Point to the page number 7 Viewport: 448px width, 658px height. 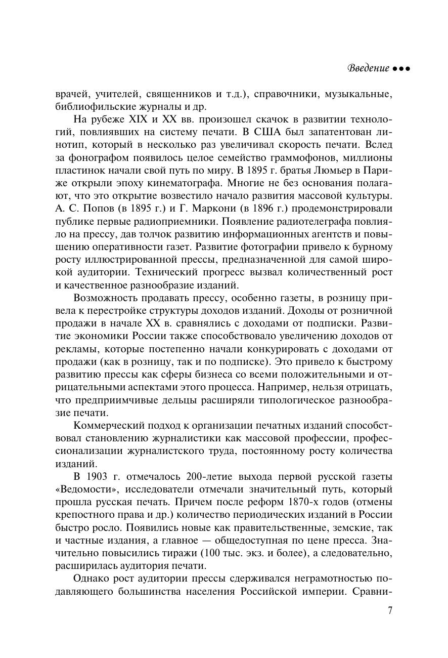point(390,610)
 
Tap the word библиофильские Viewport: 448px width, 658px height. point(91,107)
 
